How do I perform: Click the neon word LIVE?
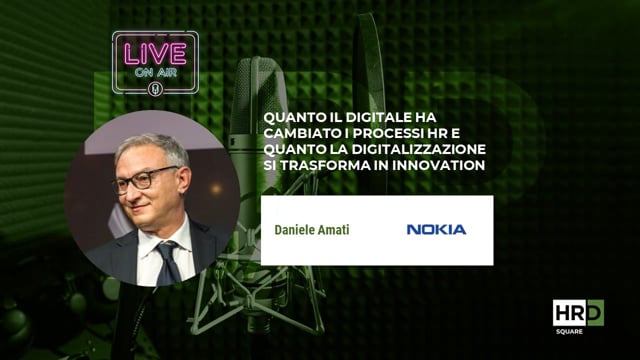(155, 51)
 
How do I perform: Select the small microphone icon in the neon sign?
(155, 87)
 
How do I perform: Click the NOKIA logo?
(436, 230)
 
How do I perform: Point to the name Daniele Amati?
(312, 230)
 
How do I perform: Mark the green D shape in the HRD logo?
(596, 313)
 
